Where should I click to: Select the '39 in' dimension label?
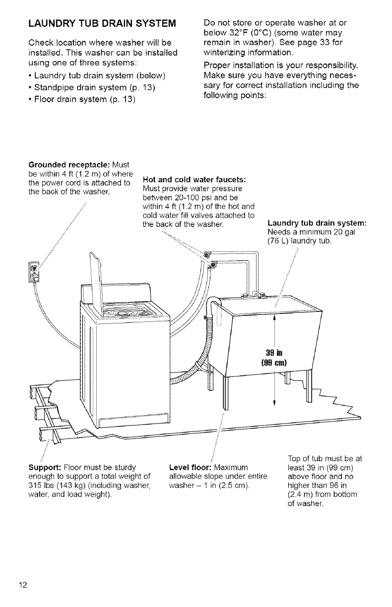[274, 353]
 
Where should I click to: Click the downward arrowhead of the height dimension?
[274, 402]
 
